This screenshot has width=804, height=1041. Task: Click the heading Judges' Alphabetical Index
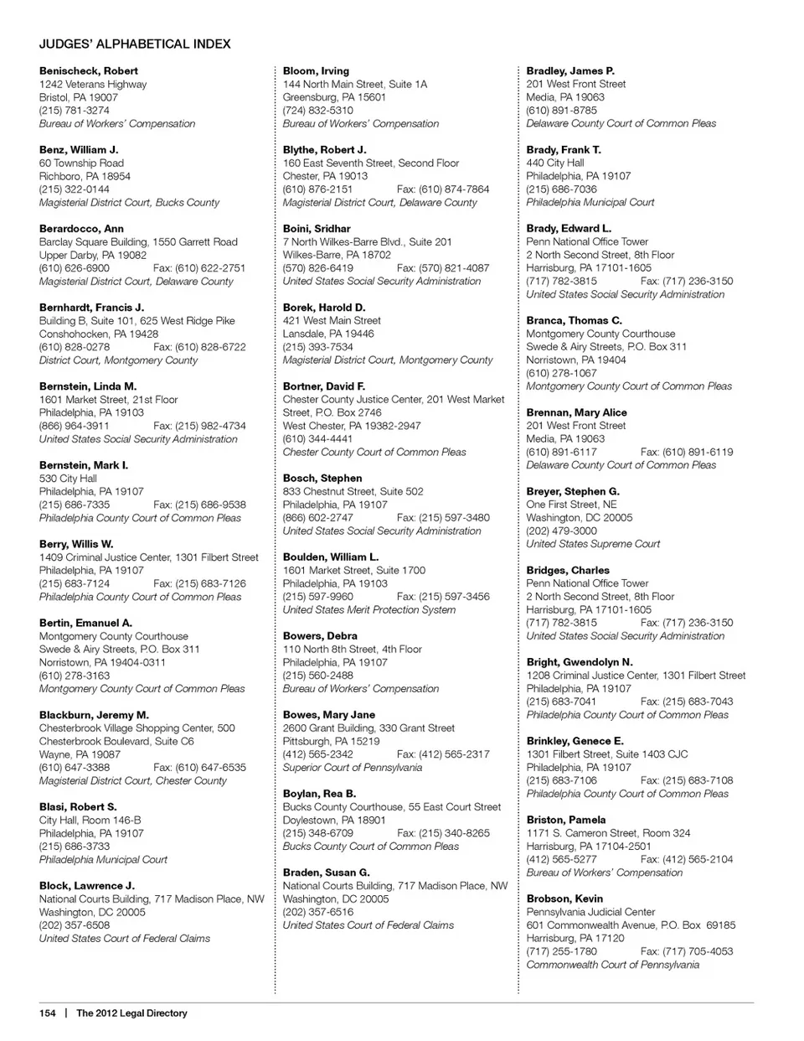(135, 44)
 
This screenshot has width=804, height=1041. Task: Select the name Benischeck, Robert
(89, 71)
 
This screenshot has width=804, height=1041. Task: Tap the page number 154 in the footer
(47, 1013)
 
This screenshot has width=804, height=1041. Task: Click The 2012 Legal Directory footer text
(131, 1013)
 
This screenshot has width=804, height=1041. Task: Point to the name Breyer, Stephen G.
(573, 491)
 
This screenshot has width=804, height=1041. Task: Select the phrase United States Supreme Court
(593, 544)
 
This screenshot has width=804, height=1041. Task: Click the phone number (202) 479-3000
(561, 531)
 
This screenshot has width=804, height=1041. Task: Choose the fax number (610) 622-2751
(199, 268)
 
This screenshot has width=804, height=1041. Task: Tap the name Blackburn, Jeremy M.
(94, 715)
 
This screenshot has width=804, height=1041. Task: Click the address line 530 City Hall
(68, 479)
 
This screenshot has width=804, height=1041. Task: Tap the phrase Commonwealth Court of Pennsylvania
(612, 965)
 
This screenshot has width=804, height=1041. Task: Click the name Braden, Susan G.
(326, 873)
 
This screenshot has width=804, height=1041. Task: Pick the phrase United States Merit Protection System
(368, 609)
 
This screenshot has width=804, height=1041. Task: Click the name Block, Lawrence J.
(86, 886)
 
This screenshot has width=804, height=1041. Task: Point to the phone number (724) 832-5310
(317, 111)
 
